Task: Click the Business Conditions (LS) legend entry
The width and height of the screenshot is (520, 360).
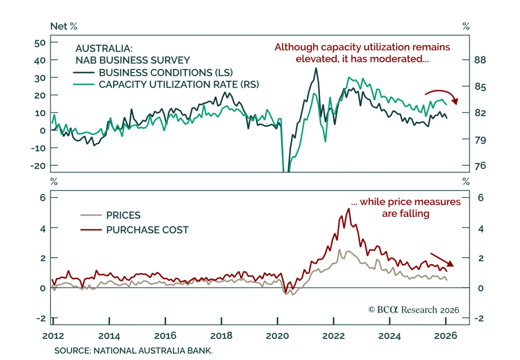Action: coord(166,73)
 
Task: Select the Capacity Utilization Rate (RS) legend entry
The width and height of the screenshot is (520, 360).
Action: coord(179,85)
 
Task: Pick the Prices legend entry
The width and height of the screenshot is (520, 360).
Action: coord(123,215)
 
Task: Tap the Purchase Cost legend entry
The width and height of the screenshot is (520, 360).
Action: coord(147,230)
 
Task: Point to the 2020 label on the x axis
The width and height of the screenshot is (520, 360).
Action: coord(277,336)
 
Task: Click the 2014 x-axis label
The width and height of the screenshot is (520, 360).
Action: coord(109,336)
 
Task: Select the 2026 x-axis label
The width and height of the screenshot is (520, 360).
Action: coord(446,336)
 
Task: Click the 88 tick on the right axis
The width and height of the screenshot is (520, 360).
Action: coord(480,60)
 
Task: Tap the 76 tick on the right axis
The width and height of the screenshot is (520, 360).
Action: coord(480,166)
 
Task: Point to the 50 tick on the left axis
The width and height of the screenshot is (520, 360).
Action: coord(40,43)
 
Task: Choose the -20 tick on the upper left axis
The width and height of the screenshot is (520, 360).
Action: coord(38,166)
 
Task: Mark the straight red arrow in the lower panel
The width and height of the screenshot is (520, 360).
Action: coord(442,260)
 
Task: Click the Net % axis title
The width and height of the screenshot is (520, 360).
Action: coord(64,26)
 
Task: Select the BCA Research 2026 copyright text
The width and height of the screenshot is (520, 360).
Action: coord(413,310)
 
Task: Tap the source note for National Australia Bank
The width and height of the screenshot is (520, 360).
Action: coord(133,351)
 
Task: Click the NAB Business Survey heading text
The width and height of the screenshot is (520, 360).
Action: coord(133,60)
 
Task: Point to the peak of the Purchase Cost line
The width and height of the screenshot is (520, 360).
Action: coord(349,209)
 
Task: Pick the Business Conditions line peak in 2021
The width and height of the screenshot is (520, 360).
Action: coord(316,68)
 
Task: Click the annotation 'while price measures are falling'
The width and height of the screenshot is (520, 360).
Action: coord(406,208)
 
